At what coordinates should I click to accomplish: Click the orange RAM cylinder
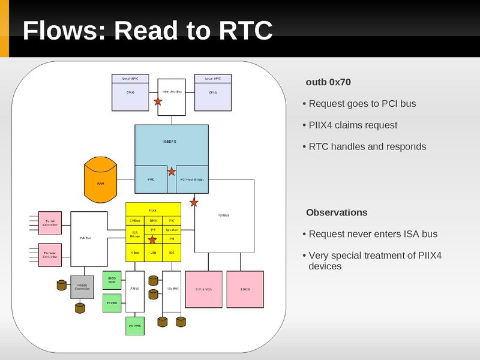(x=101, y=180)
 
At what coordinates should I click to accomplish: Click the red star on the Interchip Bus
(x=158, y=102)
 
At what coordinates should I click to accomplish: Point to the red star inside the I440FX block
(x=172, y=171)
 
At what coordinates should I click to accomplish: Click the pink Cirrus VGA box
(x=204, y=289)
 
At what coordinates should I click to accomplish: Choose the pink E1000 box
(x=245, y=289)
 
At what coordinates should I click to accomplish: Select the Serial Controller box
(x=50, y=223)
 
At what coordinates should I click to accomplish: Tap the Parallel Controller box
(x=50, y=255)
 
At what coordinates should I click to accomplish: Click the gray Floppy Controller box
(x=83, y=287)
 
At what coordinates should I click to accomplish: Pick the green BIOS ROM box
(x=112, y=280)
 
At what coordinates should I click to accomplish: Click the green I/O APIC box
(x=135, y=325)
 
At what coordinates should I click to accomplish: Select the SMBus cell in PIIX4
(x=135, y=221)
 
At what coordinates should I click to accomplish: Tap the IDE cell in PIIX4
(x=172, y=253)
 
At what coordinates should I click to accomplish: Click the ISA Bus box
(x=89, y=239)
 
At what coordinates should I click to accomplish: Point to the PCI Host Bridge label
(x=192, y=179)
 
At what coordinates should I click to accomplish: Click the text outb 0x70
(x=328, y=82)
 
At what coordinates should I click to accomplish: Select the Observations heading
(x=337, y=212)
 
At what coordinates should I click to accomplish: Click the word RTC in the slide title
(x=246, y=31)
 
